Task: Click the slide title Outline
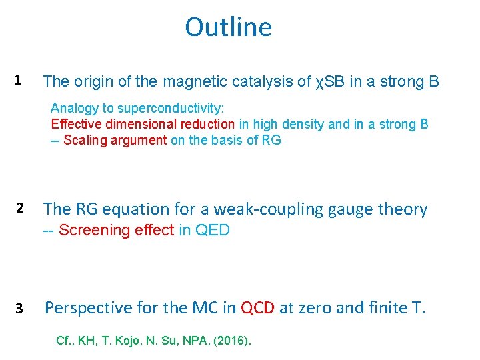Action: click(228, 27)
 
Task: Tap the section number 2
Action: click(20, 209)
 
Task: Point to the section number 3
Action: click(20, 309)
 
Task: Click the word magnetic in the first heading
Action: click(195, 82)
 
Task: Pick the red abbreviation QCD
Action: click(257, 308)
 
